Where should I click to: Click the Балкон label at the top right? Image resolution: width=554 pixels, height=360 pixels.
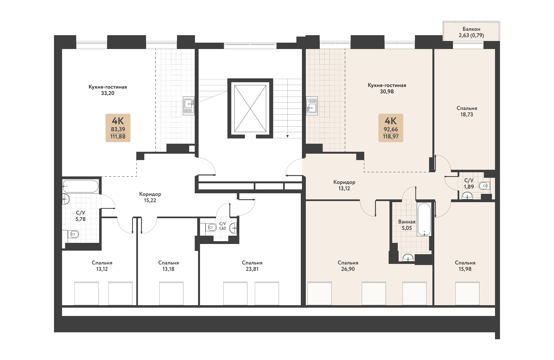471,29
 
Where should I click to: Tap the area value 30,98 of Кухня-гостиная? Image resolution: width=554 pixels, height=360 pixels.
387,91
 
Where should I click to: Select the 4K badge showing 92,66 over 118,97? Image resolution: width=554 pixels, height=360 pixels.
391,128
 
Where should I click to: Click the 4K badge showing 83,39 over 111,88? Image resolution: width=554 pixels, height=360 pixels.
118,128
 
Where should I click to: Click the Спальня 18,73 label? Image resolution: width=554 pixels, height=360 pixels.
467,111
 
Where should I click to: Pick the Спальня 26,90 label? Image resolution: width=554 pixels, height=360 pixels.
348,266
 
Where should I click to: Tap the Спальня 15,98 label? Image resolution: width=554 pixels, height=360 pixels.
465,266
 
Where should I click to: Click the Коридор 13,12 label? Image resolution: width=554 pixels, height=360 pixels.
344,185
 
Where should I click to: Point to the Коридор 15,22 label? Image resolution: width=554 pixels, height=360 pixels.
150,197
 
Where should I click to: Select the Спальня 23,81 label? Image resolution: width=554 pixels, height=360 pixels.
252,266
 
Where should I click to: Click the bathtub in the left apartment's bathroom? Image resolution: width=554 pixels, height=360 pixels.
80,186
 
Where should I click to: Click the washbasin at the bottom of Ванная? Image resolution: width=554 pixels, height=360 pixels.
408,258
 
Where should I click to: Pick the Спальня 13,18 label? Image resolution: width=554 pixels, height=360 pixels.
168,266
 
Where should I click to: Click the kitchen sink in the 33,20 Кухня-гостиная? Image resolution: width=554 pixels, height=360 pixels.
189,106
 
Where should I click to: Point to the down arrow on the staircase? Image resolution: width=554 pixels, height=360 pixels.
288,136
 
